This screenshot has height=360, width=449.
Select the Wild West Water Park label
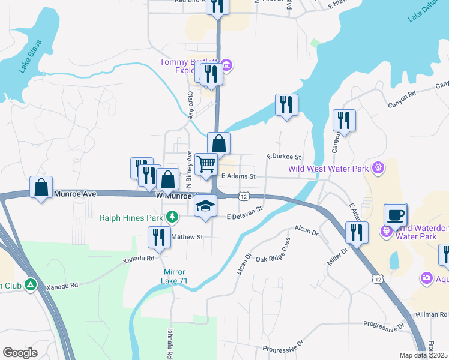[328, 169]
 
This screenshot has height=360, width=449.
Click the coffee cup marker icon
[396, 215]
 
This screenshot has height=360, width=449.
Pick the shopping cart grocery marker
[206, 163]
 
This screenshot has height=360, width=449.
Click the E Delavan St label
[245, 213]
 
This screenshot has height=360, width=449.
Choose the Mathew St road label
[187, 237]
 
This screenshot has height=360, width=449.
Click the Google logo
[20, 353]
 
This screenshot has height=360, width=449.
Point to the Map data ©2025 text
[423, 355]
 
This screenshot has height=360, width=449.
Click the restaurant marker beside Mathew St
[159, 237]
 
